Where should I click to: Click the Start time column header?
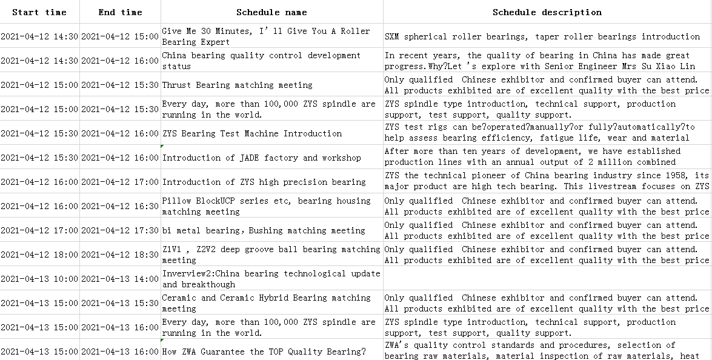click(39, 12)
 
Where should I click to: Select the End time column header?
click(120, 12)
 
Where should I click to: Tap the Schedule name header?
click(271, 12)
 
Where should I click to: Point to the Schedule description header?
click(547, 12)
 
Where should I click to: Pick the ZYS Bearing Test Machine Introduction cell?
click(252, 133)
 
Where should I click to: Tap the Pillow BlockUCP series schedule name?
click(266, 206)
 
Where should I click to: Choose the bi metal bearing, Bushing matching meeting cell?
click(264, 230)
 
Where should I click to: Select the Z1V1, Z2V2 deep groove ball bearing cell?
click(271, 255)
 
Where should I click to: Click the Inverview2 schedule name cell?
click(271, 279)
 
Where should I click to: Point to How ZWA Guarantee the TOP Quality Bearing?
click(264, 352)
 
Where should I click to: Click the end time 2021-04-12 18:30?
click(120, 255)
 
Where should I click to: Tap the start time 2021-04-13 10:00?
click(39, 279)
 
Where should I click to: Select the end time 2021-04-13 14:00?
click(120, 279)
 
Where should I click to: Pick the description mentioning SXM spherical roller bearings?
click(542, 36)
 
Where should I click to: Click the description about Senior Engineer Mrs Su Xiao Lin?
click(539, 61)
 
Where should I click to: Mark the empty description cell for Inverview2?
click(547, 279)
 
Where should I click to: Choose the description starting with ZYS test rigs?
click(539, 133)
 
